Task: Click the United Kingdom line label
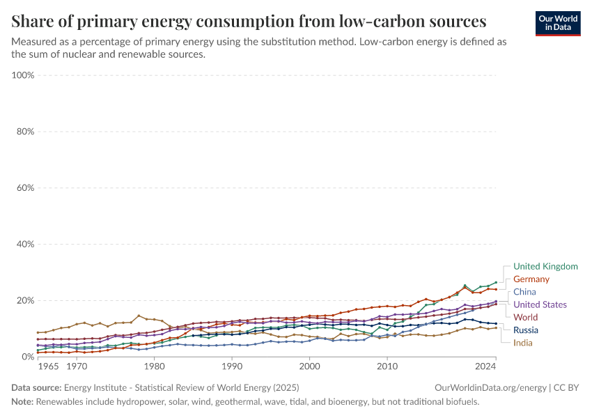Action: [545, 266]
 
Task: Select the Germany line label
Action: [531, 279]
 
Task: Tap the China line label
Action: [524, 292]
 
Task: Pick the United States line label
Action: [540, 304]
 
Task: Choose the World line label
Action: [525, 317]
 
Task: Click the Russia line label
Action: [526, 330]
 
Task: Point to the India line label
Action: [523, 343]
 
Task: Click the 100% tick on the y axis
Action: [24, 75]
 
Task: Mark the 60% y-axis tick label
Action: [25, 188]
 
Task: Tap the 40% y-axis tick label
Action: [25, 245]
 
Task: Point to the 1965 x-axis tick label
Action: [49, 366]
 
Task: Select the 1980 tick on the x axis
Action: [154, 366]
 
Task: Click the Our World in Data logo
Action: [557, 22]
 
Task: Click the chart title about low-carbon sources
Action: [249, 20]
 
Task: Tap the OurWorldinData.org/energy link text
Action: [490, 387]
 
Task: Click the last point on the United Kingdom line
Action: [496, 283]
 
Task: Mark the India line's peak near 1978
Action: [139, 316]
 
